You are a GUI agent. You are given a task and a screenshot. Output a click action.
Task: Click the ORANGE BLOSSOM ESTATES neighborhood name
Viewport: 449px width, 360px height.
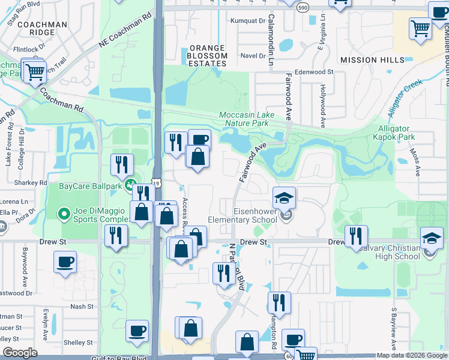click(208, 55)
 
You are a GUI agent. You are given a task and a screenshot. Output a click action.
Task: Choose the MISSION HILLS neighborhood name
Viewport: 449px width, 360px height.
click(372, 60)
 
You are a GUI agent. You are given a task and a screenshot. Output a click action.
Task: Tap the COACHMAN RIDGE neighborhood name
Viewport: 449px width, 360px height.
click(42, 28)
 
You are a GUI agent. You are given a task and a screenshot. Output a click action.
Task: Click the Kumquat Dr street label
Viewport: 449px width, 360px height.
click(249, 20)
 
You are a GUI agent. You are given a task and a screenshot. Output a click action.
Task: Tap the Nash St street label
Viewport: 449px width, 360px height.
click(82, 306)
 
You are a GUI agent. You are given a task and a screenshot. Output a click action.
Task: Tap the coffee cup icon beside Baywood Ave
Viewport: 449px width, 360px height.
click(65, 262)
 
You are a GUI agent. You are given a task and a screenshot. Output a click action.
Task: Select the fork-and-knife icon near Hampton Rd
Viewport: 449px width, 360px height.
click(279, 302)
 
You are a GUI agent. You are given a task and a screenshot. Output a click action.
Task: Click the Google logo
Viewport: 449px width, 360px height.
click(20, 353)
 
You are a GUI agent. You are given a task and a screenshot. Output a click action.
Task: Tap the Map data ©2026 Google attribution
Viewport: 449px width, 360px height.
click(411, 355)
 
